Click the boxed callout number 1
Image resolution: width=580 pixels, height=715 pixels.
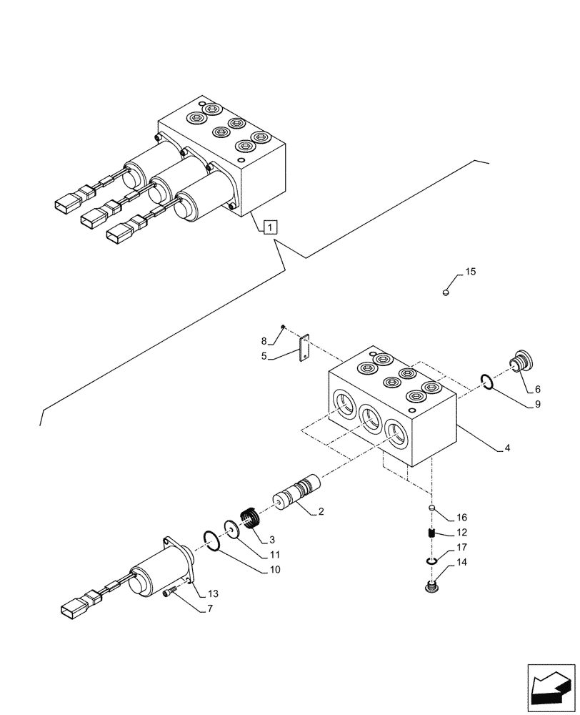(x=269, y=227)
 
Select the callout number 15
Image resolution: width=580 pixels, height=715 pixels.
(x=470, y=272)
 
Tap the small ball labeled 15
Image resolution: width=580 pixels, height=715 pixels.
(x=446, y=292)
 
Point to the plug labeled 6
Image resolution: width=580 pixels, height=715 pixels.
(x=521, y=363)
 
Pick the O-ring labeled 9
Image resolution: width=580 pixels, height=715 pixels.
(x=487, y=384)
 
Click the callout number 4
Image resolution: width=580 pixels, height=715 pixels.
(x=507, y=448)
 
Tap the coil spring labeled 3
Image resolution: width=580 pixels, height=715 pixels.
(x=249, y=517)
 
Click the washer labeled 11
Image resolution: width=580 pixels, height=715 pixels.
(x=231, y=530)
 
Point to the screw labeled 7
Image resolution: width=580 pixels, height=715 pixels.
(x=169, y=593)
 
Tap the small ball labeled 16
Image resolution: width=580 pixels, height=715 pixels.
(x=432, y=508)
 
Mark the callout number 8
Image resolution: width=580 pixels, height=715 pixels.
(x=264, y=340)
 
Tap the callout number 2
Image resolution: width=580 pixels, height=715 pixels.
(x=321, y=511)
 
